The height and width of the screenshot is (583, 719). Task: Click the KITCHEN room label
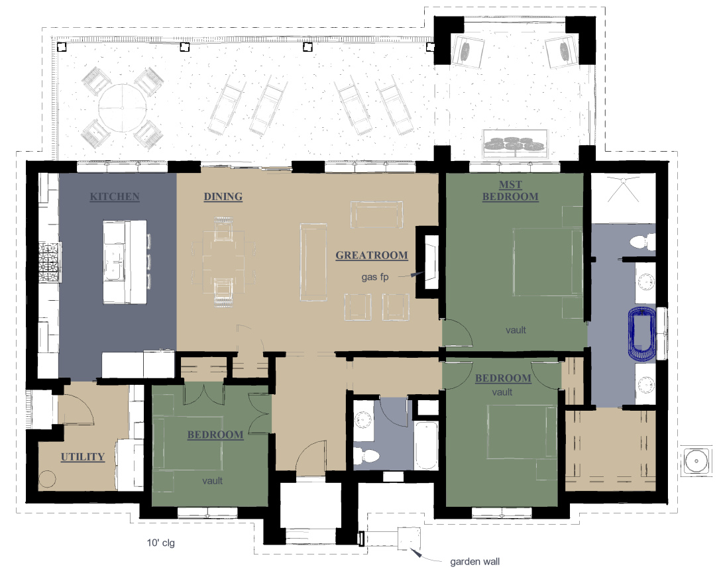click(115, 197)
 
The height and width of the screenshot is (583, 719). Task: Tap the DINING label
click(223, 197)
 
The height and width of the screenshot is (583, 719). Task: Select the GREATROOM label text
click(372, 255)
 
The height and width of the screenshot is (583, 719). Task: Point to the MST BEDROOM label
click(510, 191)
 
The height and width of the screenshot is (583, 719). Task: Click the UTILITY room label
click(83, 457)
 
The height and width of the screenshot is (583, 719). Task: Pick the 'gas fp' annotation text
click(375, 277)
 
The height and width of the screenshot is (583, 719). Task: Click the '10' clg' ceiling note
click(160, 543)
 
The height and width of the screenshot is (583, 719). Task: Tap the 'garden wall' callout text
click(474, 561)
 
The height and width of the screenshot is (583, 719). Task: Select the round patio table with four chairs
click(123, 108)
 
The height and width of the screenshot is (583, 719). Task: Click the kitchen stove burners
click(49, 262)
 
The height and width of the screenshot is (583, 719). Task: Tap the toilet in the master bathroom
click(642, 242)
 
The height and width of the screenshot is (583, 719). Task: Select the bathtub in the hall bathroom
click(426, 445)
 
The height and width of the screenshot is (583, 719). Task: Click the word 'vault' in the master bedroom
click(516, 330)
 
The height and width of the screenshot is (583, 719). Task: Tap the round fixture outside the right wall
click(696, 460)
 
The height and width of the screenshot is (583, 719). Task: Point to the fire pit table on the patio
click(516, 144)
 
